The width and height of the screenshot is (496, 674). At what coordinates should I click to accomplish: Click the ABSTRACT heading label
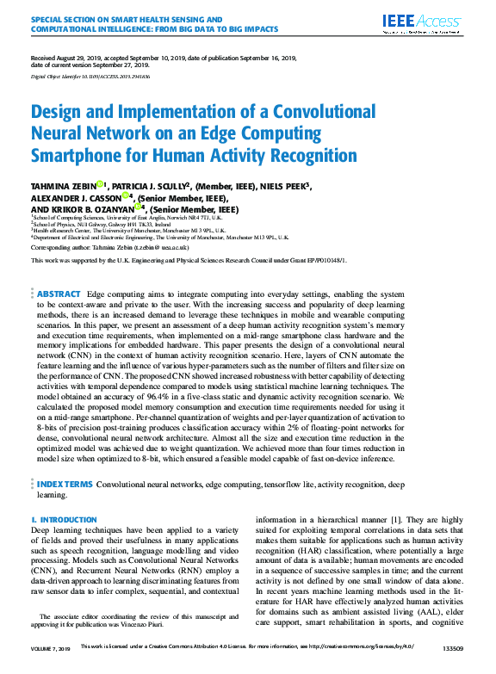59,270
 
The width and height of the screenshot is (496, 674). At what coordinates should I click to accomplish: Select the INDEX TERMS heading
65,485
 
